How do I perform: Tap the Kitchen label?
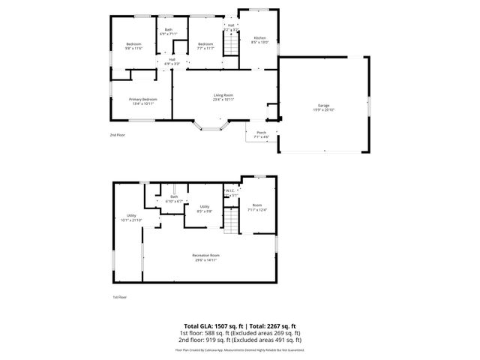coord(259,39)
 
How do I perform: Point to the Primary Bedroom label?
coord(142,100)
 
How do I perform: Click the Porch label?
coord(262,134)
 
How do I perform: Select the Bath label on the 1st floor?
coord(173,199)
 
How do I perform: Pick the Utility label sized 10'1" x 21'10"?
coord(131,217)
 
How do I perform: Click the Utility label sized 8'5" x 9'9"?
coord(204,208)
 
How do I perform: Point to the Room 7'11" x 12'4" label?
coord(257,207)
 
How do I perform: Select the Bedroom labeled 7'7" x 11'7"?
coord(205,46)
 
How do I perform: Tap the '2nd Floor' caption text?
coord(117,135)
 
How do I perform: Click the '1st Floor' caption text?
coord(119,297)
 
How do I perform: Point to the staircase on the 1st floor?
coord(232,220)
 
